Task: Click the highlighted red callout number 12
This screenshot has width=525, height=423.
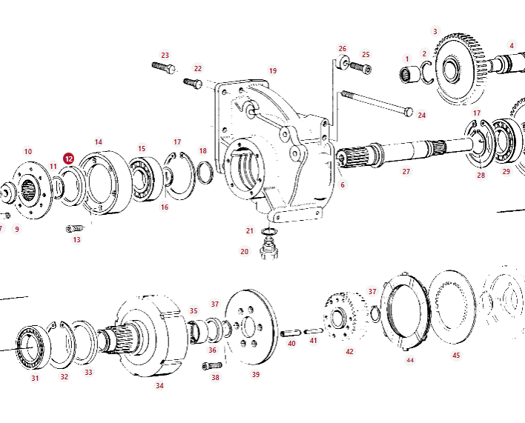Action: coord(68,159)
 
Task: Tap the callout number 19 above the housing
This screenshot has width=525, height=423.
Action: coord(273,71)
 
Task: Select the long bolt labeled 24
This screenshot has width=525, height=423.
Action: coord(374,103)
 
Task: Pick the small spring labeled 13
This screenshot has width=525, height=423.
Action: coord(74,227)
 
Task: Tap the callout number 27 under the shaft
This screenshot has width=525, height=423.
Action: coord(406,172)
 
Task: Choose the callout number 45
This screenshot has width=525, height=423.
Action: coord(456,356)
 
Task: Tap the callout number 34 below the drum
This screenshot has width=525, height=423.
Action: coord(159,385)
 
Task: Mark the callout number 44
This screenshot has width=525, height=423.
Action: coord(409,361)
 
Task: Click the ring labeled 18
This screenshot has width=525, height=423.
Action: coord(205,174)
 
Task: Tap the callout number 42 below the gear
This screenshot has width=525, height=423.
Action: coord(349,351)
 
